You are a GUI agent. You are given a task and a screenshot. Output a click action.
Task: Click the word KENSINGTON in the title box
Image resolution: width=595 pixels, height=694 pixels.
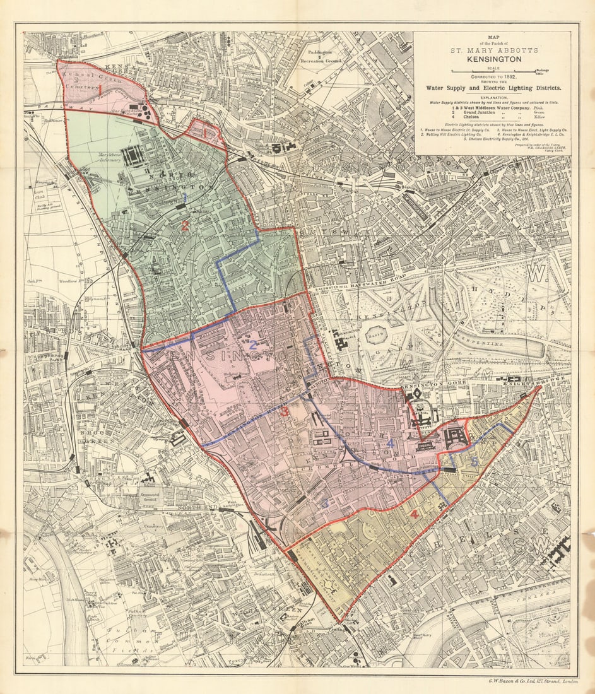click(x=493, y=59)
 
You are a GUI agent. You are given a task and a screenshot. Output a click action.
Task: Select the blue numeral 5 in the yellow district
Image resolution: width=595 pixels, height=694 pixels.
click(x=474, y=461)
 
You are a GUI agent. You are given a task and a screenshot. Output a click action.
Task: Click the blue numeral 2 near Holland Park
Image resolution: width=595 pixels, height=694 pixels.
click(x=252, y=344)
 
